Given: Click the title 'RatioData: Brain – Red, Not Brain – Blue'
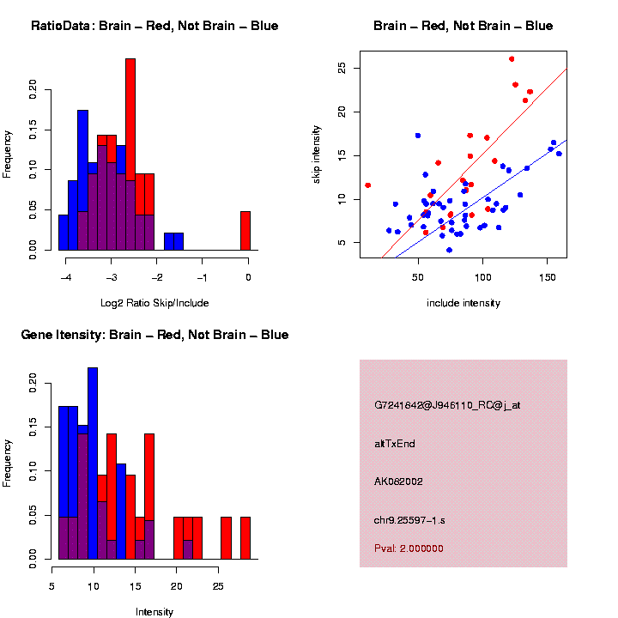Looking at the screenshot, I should (154, 26).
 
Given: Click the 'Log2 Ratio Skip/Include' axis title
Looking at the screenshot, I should (154, 302).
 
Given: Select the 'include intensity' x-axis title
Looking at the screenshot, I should (463, 302).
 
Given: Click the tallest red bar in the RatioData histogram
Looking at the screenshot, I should (130, 154).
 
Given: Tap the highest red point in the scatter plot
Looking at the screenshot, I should (512, 59).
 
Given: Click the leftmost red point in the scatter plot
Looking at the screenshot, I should (368, 185).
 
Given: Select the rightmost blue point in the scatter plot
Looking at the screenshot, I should (559, 154).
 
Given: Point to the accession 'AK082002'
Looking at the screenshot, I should (398, 482).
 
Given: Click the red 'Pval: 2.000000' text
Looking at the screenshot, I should (409, 548).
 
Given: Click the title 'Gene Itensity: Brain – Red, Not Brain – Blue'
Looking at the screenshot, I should (154, 335).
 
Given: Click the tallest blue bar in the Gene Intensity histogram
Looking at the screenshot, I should (93, 463).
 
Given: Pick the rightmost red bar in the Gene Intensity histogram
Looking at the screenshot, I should (245, 538).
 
